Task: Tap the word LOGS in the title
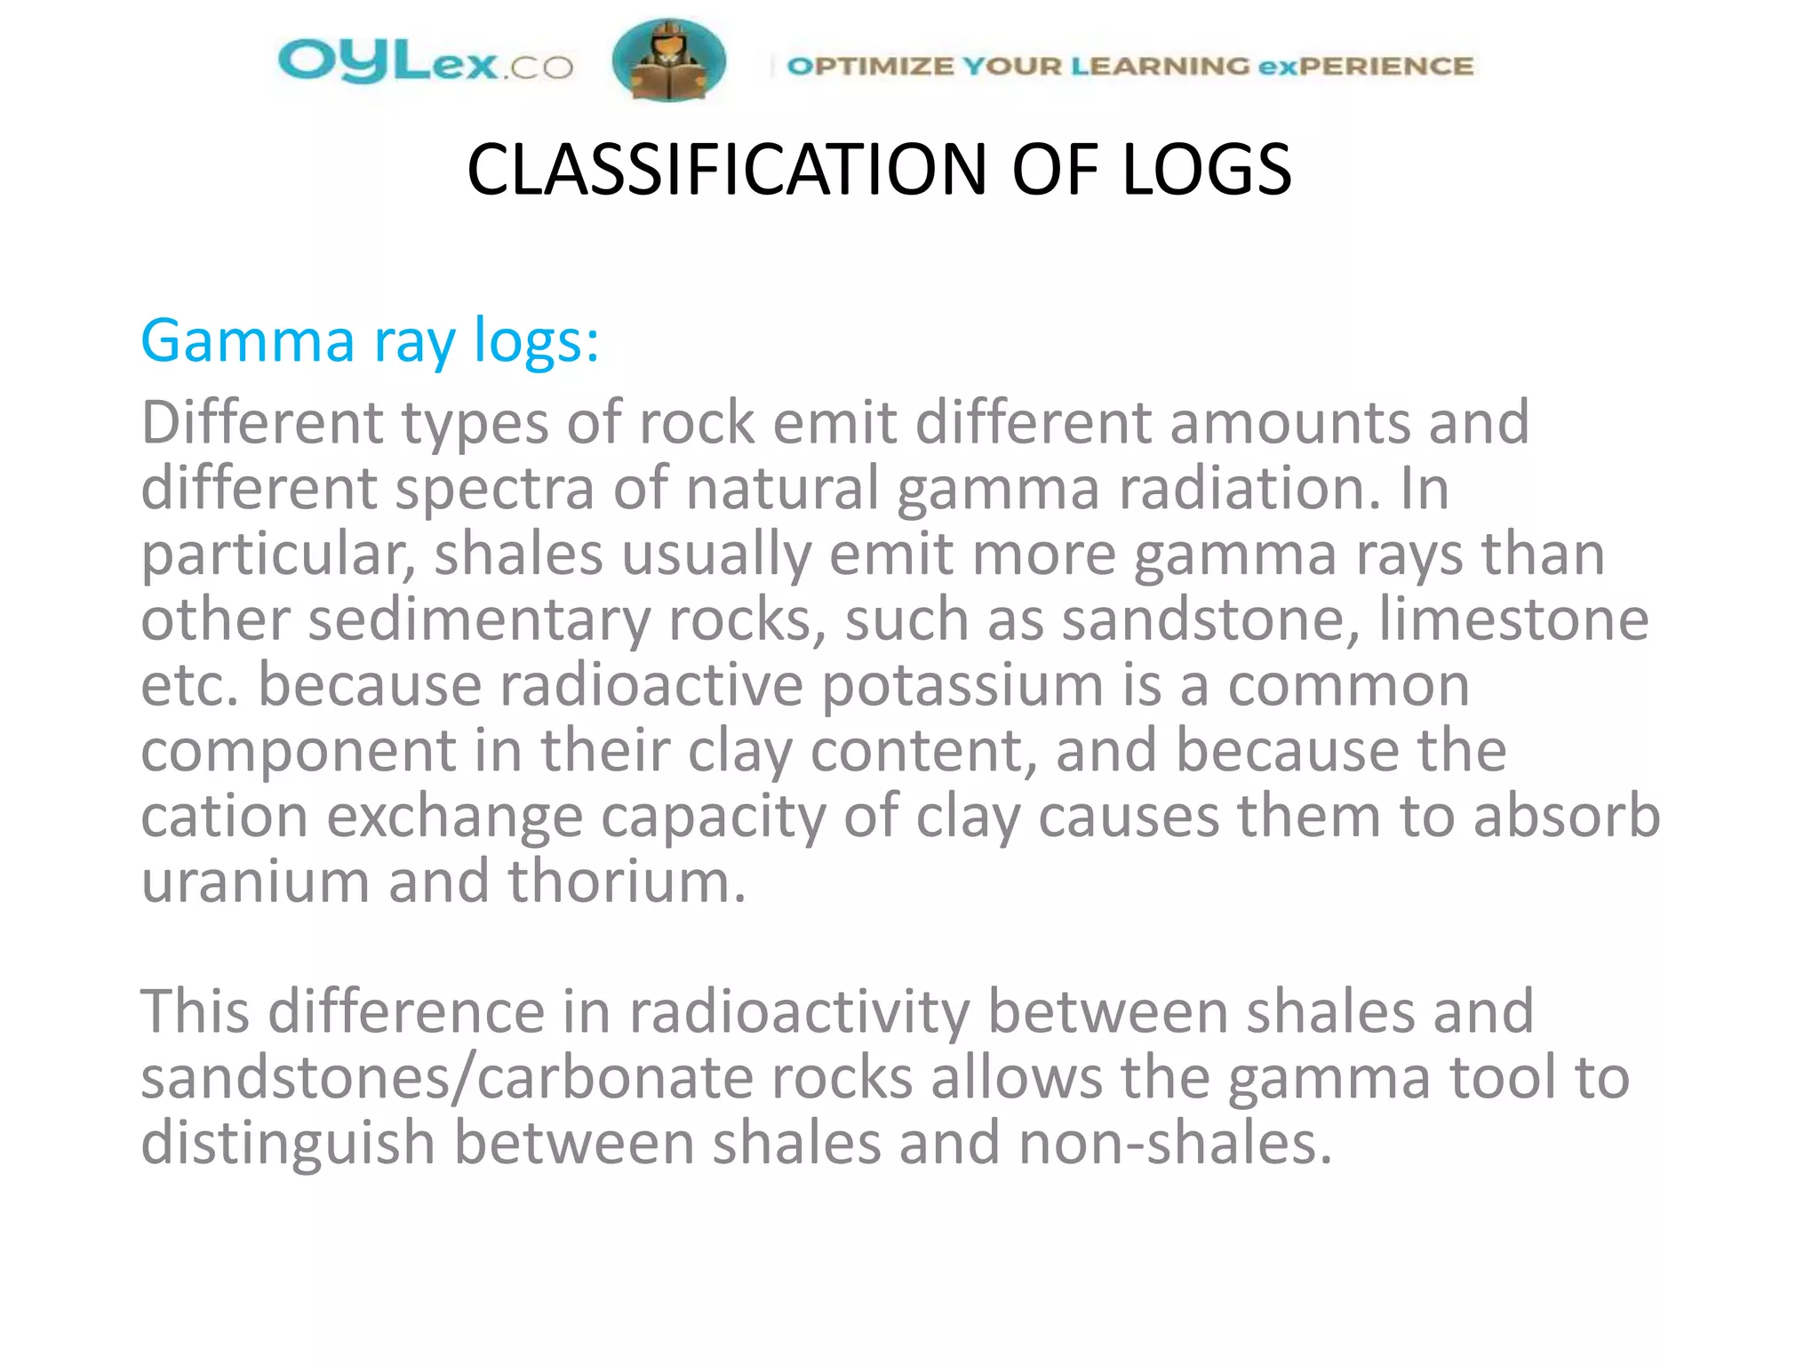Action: tap(1206, 170)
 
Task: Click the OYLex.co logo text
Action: tap(425, 62)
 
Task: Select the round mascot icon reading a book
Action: tap(668, 60)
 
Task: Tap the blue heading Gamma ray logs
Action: tap(370, 341)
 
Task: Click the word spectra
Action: tap(494, 489)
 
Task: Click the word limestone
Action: tap(1513, 619)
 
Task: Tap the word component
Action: tap(298, 752)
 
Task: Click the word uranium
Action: tap(254, 882)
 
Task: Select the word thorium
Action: tap(627, 882)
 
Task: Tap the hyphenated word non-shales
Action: tap(1175, 1144)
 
